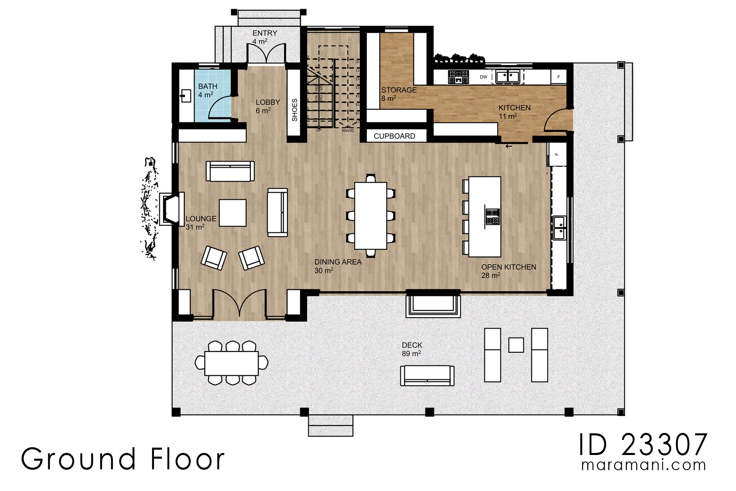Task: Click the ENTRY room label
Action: [x=265, y=33]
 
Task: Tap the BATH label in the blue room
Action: [x=208, y=86]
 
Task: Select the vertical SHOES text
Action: [x=294, y=110]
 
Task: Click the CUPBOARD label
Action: [x=394, y=136]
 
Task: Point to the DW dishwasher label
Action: [x=483, y=77]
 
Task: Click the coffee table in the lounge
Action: [x=233, y=213]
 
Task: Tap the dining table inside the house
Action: [x=370, y=216]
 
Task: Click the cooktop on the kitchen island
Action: [x=492, y=217]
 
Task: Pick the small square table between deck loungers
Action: [x=516, y=345]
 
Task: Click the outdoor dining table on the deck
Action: [x=231, y=363]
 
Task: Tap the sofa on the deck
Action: [x=427, y=376]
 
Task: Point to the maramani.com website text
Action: [x=643, y=465]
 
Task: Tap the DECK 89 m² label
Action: [x=412, y=349]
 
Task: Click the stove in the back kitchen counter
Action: [x=458, y=77]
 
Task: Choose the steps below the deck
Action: [x=330, y=426]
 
